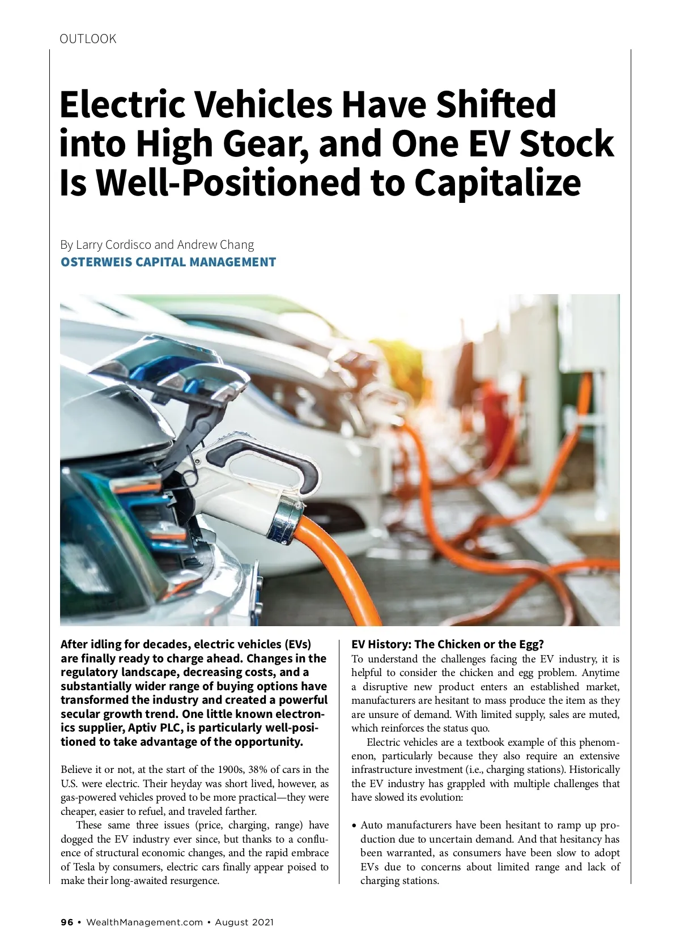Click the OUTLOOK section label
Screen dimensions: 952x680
pos(88,39)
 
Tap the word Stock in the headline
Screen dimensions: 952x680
pos(566,144)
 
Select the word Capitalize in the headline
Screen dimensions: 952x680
pos(497,183)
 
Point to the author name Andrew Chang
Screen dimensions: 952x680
pos(215,245)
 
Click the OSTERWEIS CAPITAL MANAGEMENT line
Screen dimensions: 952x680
pos(168,262)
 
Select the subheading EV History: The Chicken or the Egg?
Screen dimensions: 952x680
pos(448,644)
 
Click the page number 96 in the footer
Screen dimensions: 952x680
pos(67,922)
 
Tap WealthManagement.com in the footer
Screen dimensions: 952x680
pos(144,922)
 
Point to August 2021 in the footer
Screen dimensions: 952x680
pos(244,922)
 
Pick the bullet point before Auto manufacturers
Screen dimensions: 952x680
pos(354,826)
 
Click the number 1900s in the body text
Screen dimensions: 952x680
pos(232,770)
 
